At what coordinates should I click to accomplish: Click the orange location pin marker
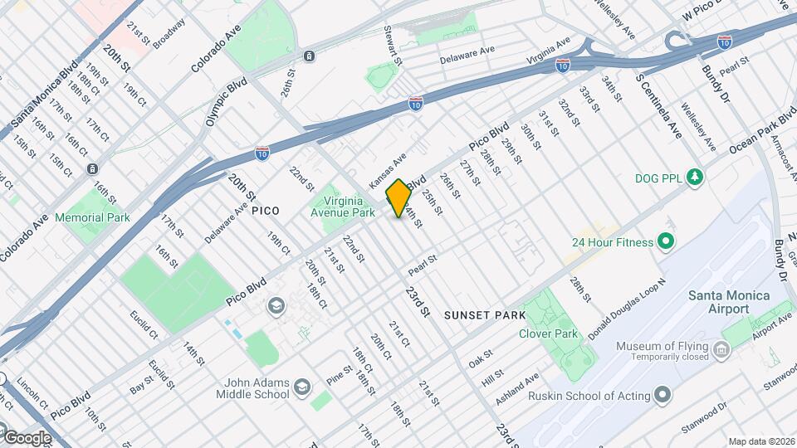tap(398, 198)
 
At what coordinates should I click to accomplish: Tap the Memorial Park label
tap(92, 217)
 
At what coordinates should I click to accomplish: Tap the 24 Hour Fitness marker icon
tap(664, 242)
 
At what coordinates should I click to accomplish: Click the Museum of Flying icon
tap(722, 352)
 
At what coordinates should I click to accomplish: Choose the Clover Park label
tap(547, 334)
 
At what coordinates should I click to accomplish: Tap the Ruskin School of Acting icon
tap(662, 395)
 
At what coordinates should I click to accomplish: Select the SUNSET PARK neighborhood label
tap(485, 315)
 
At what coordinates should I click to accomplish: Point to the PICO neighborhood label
tap(265, 212)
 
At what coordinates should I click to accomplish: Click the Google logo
tap(27, 437)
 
